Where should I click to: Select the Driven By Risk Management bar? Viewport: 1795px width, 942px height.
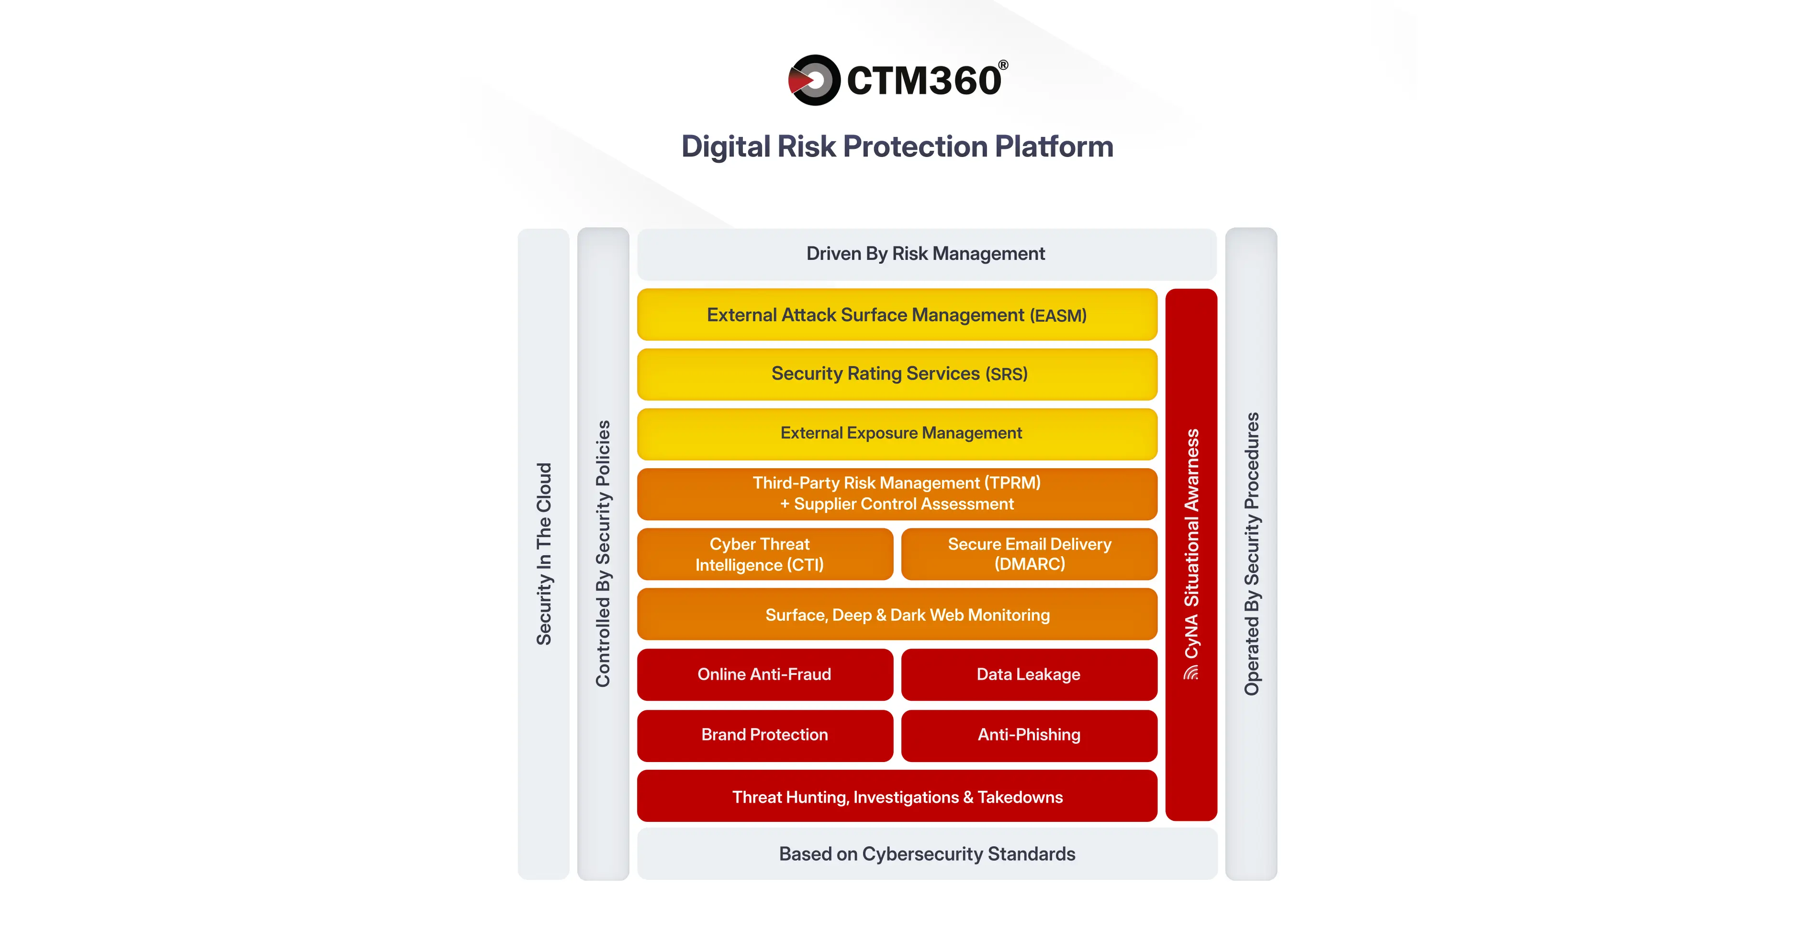[926, 254]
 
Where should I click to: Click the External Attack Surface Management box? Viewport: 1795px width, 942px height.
[897, 315]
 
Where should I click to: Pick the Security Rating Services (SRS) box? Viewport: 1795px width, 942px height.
[897, 374]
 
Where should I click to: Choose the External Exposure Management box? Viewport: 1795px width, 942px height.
[897, 433]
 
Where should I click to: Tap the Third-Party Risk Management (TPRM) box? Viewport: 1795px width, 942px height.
[897, 493]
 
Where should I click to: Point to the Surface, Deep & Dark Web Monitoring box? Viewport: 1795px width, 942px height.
[897, 615]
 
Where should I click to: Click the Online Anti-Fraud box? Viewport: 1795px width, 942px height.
[764, 674]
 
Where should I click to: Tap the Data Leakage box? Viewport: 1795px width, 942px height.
[1029, 674]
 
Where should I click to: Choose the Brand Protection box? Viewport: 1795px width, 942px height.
[764, 735]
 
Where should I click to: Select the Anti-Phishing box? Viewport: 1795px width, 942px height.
[1029, 735]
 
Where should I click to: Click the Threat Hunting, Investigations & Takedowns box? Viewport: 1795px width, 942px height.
[897, 796]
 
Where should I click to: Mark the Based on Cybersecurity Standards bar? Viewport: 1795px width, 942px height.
[927, 854]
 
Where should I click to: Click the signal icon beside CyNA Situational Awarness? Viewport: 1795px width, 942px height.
[1191, 673]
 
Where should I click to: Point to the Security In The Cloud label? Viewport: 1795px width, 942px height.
[543, 554]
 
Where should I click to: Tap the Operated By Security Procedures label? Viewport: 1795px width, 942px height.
[1252, 554]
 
